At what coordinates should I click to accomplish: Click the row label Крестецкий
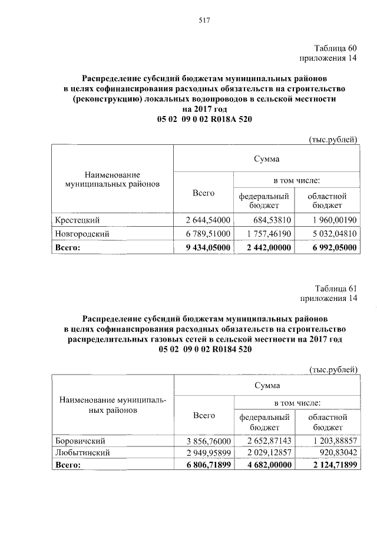tap(77, 220)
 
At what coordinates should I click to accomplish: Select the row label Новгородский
tap(81, 234)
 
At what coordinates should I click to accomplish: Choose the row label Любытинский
tap(82, 452)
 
